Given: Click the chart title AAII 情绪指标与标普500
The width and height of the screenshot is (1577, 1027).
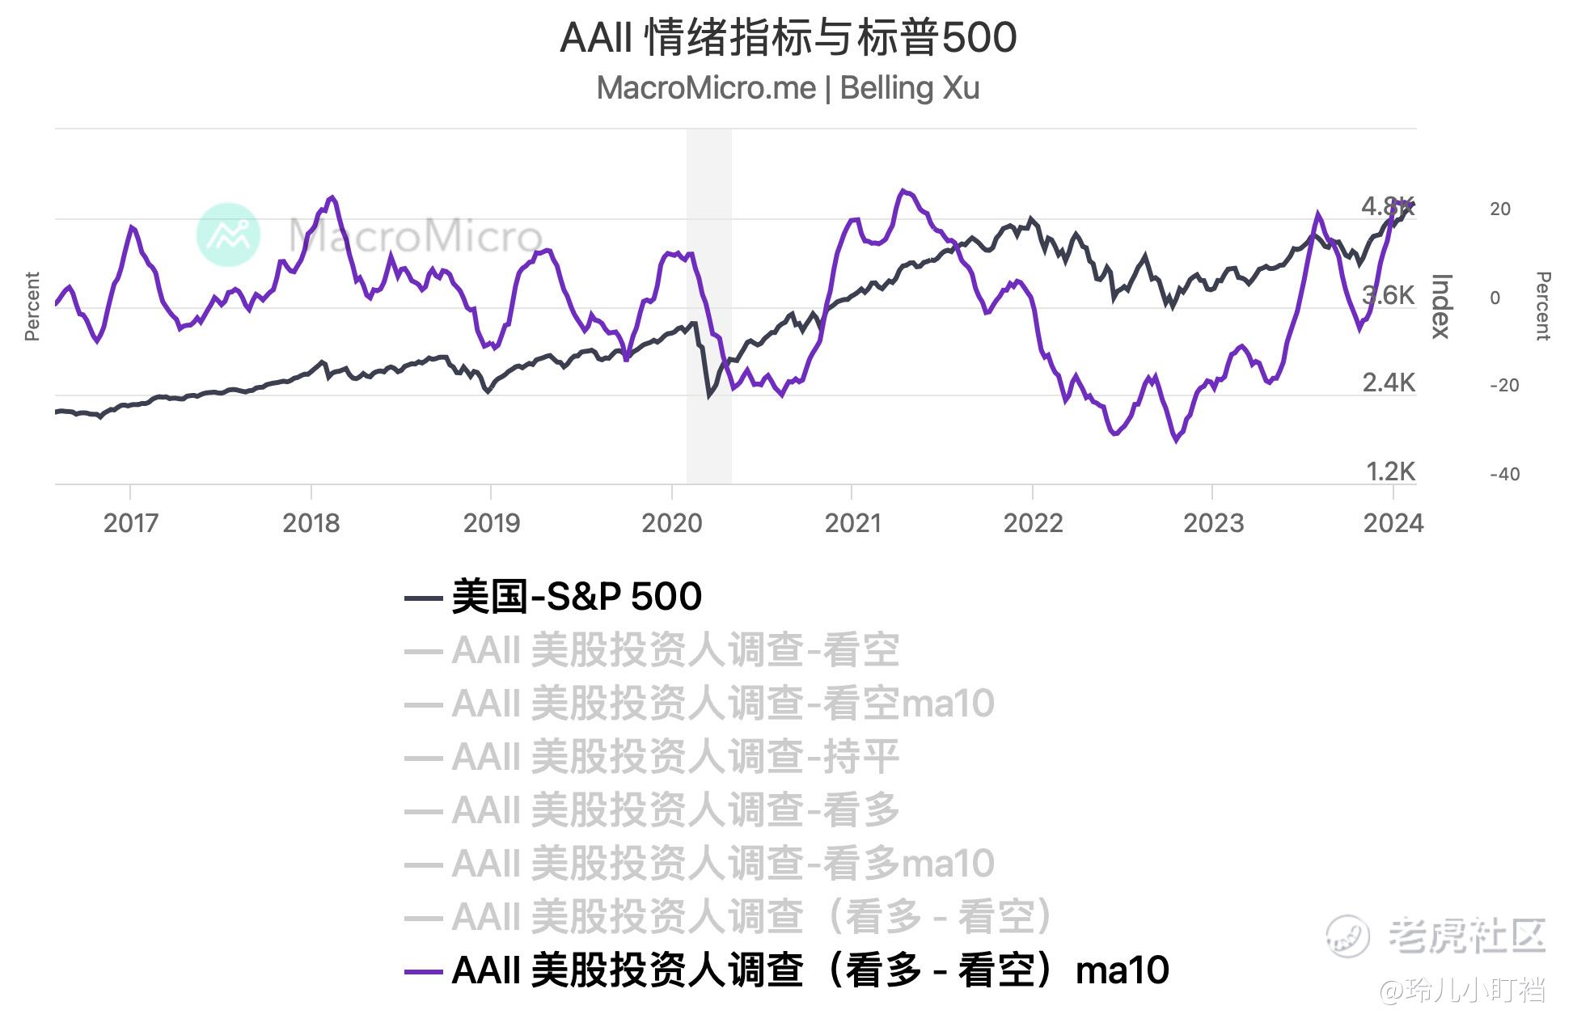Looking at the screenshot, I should click(x=788, y=38).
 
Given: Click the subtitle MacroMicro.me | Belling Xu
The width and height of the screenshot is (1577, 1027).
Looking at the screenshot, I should click(x=788, y=88).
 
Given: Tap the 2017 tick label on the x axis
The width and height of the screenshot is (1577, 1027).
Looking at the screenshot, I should click(x=130, y=523).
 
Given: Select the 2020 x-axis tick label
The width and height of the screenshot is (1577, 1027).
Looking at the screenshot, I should click(x=672, y=523).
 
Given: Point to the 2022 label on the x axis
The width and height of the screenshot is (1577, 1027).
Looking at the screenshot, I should click(x=1033, y=523).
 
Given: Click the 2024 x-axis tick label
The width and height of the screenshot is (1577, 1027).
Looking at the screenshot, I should click(x=1393, y=523).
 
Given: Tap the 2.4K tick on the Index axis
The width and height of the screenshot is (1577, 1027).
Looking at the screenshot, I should click(x=1388, y=382).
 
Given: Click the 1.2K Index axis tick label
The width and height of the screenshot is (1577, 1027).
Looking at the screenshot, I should click(x=1389, y=471).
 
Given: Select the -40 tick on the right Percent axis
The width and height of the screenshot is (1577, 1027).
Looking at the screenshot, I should click(x=1504, y=475).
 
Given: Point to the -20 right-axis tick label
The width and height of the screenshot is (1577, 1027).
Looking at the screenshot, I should click(x=1504, y=386).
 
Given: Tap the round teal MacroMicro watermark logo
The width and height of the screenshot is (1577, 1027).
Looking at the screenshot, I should click(x=229, y=235).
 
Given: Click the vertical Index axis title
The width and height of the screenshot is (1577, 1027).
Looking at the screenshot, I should click(x=1442, y=306).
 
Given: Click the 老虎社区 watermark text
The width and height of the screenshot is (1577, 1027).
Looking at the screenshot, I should click(x=1465, y=936).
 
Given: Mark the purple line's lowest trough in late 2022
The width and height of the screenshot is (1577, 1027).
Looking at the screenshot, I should click(x=1176, y=440).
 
